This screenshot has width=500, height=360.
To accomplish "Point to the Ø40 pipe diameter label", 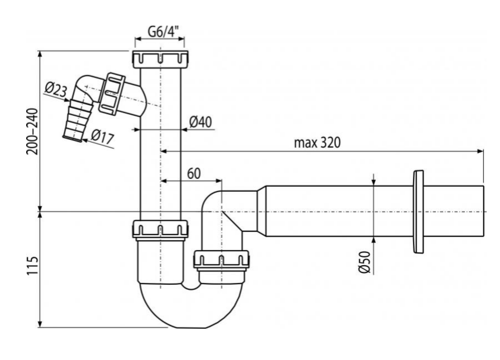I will pos(200,122).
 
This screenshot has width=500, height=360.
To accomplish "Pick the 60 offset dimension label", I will pos(193,173).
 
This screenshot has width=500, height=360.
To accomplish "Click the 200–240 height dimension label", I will pos(31,132).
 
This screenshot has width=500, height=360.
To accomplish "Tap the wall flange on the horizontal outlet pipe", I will pos(418,211).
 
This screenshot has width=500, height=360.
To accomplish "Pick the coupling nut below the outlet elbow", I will pos(221,260).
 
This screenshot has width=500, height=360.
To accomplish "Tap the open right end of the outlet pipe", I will pos(482,211).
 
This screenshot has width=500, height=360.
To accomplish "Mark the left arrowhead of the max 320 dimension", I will pos(164,150).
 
